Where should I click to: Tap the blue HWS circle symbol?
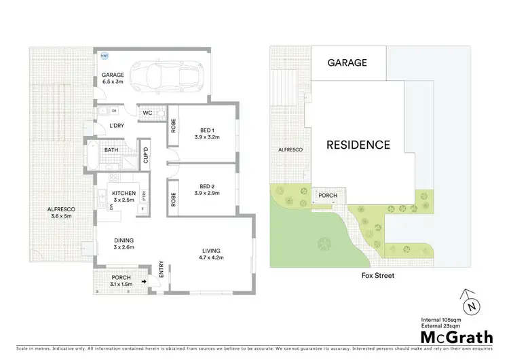(x=105, y=57)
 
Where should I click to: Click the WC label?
(x=147, y=113)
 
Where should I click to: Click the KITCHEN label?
(x=124, y=193)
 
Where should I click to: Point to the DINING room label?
(x=124, y=240)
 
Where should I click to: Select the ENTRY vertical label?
(x=162, y=269)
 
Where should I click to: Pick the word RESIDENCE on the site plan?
(x=358, y=145)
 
